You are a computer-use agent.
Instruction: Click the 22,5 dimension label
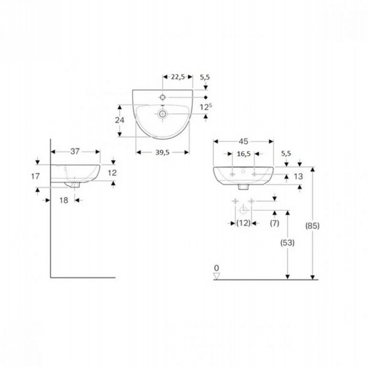[x=178, y=77]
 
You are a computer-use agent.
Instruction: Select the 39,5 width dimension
[x=163, y=153]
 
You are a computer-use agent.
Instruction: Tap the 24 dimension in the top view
[x=120, y=120]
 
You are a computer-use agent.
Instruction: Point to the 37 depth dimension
[x=75, y=151]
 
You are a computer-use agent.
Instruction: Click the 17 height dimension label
[x=35, y=176]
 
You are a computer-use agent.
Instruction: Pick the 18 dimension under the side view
[x=64, y=200]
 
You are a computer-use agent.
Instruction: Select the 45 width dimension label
[x=244, y=141]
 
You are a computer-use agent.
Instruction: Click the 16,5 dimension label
[x=244, y=154]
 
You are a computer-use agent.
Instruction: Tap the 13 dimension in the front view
[x=298, y=177]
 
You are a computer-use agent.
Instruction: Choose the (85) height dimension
[x=312, y=226]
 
